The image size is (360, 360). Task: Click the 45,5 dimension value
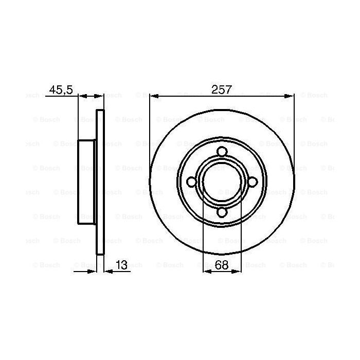(61, 90)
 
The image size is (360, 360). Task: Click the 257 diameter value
(222, 89)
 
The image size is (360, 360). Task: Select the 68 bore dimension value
(222, 265)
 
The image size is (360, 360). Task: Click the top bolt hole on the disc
(222, 152)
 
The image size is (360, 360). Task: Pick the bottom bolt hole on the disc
(222, 212)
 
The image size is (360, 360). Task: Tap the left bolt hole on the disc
(192, 182)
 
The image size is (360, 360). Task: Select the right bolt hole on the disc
(252, 182)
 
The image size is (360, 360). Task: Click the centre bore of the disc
(222, 182)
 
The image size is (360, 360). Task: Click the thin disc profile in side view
(101, 182)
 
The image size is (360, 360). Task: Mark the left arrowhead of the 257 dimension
(153, 96)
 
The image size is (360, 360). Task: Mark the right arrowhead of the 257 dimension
(291, 96)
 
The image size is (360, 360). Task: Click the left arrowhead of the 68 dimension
(207, 271)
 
